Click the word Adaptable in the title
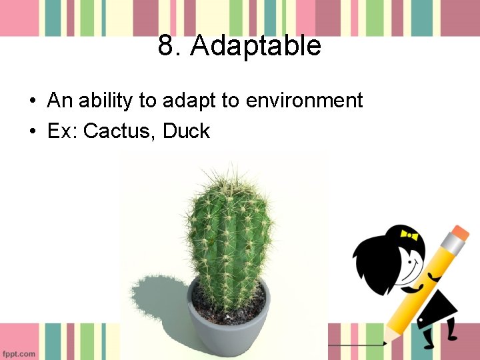(256, 46)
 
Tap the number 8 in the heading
(166, 46)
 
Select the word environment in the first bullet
(304, 101)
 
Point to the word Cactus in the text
(121, 131)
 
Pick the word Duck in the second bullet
(186, 131)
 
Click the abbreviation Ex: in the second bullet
(63, 131)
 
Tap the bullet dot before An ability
(32, 101)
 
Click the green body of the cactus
(230, 240)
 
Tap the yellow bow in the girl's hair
(409, 235)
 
